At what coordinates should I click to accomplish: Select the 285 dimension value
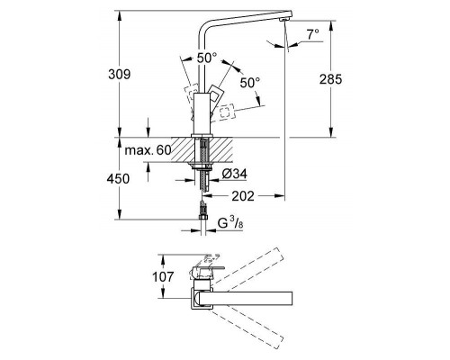[332, 78]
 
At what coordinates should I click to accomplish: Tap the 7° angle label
[312, 34]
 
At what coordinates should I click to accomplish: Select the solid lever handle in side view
[220, 97]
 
